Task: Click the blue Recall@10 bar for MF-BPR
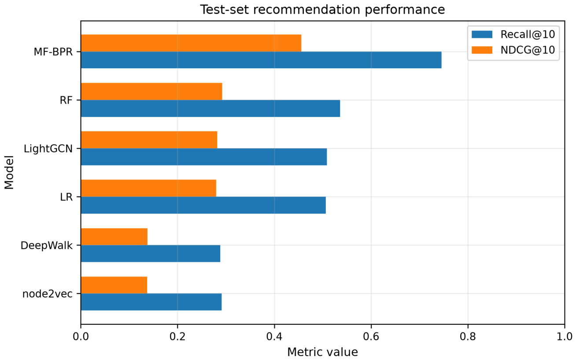coord(261,60)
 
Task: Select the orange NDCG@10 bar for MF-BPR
coord(191,43)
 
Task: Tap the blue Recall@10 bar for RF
coord(210,108)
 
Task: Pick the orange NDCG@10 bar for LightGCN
coord(149,140)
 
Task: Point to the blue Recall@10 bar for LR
coord(203,205)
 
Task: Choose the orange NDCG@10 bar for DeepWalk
coord(114,237)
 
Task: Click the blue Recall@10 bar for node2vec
coord(151,302)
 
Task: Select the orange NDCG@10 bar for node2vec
coord(114,285)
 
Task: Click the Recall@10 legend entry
coord(513,34)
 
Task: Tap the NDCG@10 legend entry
coord(513,50)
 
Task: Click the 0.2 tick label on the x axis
coord(177,337)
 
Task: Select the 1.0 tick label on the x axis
coord(565,337)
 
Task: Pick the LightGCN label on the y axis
coord(48,148)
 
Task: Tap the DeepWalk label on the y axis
coord(47,246)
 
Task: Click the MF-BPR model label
coord(53,52)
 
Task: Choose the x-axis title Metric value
coord(322,352)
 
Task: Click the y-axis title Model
coord(9,173)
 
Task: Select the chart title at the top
coord(322,10)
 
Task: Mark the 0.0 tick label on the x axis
coord(81,337)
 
